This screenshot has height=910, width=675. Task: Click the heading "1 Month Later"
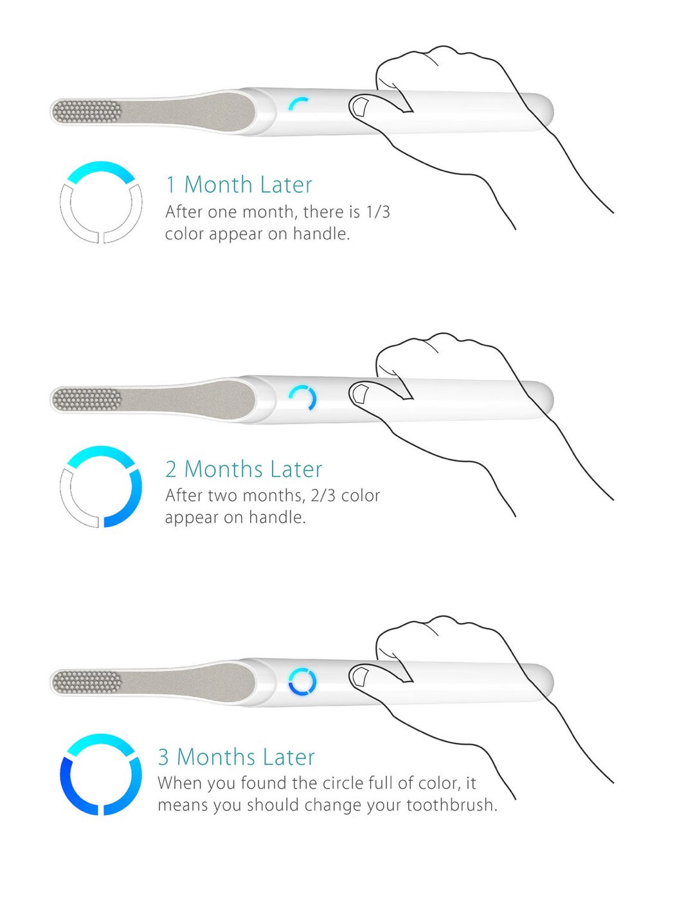click(x=239, y=184)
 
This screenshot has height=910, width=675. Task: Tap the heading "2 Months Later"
click(x=244, y=469)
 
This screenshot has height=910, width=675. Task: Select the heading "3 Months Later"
click(x=237, y=757)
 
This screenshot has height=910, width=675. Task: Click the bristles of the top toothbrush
click(x=87, y=111)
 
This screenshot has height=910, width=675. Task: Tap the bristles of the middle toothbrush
click(x=87, y=398)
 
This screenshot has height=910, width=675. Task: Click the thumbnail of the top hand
click(x=361, y=105)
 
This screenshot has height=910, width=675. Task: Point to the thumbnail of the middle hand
click(x=361, y=392)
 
